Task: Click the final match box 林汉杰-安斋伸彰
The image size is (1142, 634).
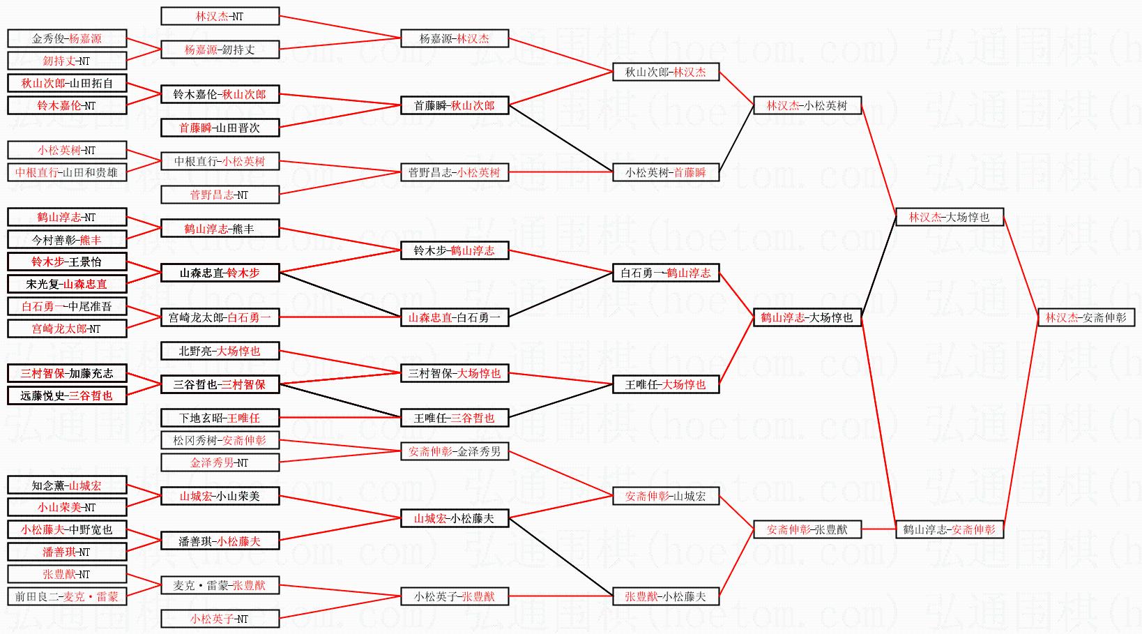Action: (1086, 317)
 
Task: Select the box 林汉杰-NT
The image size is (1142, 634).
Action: (220, 16)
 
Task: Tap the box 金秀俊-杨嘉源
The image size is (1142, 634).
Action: (67, 38)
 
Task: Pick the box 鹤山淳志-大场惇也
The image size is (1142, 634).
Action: (807, 317)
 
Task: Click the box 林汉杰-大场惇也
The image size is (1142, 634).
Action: (950, 217)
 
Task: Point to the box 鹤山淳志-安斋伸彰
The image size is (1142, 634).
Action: (950, 529)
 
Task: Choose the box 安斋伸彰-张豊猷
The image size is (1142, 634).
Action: (807, 529)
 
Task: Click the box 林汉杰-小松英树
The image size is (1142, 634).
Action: (807, 105)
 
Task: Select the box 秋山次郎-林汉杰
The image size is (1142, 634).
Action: (665, 72)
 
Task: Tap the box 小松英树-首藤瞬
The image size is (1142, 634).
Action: (665, 172)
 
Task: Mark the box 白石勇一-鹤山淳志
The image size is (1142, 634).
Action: (665, 273)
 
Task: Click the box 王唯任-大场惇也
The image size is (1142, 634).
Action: (665, 384)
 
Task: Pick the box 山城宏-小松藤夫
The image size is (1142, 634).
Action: (455, 518)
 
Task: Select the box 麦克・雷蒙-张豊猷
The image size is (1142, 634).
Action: (220, 585)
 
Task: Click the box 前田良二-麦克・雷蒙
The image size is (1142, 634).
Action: (67, 596)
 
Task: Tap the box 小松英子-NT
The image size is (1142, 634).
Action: (220, 618)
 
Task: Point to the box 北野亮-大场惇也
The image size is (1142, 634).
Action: (220, 350)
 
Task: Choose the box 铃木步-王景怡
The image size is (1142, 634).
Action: (67, 261)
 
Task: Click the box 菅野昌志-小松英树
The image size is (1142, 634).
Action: (455, 172)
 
